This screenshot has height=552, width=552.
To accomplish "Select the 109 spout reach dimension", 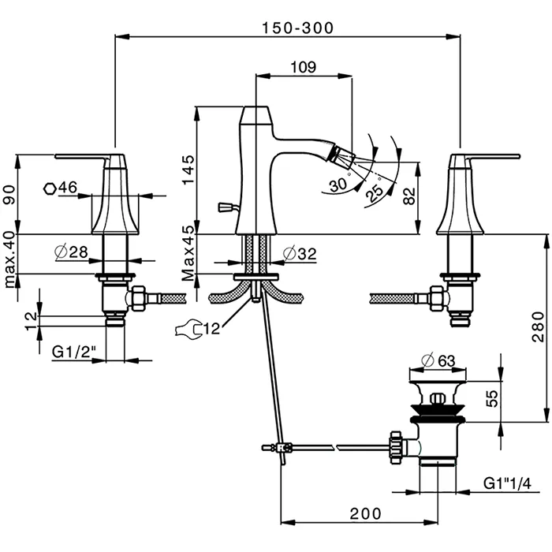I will [x=304, y=67].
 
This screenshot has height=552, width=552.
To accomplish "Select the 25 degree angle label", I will [x=376, y=192].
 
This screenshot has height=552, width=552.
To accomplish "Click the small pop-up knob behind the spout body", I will [x=224, y=208].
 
